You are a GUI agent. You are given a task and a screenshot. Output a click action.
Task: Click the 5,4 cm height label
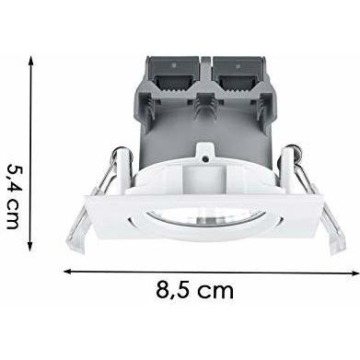pyautogui.click(x=13, y=196)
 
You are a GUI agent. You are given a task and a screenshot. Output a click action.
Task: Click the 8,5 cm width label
pyautogui.click(x=194, y=290)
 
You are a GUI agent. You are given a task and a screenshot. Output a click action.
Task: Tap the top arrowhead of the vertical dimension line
pyautogui.click(x=30, y=61)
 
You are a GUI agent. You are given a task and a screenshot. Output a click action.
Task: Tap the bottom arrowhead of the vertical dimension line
pyautogui.click(x=30, y=247)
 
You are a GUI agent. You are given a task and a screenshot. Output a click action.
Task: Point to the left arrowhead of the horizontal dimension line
pyautogui.click(x=67, y=271)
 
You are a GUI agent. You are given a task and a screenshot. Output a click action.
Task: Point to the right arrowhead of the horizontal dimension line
pyautogui.click(x=354, y=273)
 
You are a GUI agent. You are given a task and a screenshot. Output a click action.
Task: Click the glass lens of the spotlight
pyautogui.click(x=203, y=216)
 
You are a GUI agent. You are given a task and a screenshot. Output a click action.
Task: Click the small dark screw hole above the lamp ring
pyautogui.click(x=204, y=158)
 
